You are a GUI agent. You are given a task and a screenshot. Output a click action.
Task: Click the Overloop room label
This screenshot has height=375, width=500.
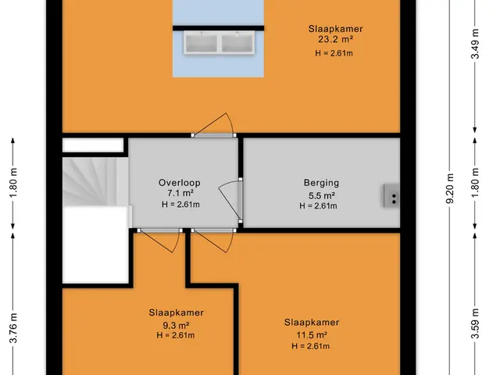pyautogui.click(x=180, y=183)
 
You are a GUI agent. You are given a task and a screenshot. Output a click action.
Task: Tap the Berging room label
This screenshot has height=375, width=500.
pyautogui.click(x=321, y=183)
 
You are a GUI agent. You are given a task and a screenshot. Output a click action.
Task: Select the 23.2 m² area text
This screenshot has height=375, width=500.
pyautogui.click(x=335, y=40)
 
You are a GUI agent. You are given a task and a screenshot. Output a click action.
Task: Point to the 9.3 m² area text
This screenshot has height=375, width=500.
pyautogui.click(x=176, y=326)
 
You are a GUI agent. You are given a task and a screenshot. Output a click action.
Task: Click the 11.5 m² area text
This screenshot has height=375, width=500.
pyautogui.click(x=312, y=335)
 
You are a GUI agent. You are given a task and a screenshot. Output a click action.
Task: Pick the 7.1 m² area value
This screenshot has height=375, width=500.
pyautogui.click(x=180, y=193)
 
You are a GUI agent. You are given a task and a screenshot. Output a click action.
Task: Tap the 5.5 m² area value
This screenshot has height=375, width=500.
pyautogui.click(x=321, y=195)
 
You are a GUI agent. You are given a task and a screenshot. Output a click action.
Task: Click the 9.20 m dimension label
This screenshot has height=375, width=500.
pyautogui.click(x=450, y=188)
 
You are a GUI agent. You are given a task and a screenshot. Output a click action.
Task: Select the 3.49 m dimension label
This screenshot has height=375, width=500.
pyautogui.click(x=475, y=44)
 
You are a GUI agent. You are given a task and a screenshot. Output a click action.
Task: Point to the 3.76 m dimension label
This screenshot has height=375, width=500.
pyautogui.click(x=13, y=328)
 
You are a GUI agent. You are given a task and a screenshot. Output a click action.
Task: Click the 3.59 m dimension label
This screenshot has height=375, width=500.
pyautogui.click(x=475, y=324)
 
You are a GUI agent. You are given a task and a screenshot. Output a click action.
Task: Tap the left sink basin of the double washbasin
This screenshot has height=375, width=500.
pyautogui.click(x=202, y=43)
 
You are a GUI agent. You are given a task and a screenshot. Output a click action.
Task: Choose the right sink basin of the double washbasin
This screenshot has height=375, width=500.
pyautogui.click(x=237, y=43)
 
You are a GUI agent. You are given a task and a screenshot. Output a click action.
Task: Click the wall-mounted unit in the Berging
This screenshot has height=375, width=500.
pyautogui.click(x=391, y=196)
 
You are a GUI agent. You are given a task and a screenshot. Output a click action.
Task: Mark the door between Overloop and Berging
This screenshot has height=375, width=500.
pyautogui.click(x=230, y=200)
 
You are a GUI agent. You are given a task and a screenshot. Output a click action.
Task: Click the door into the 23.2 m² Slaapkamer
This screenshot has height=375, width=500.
pyautogui.click(x=213, y=125)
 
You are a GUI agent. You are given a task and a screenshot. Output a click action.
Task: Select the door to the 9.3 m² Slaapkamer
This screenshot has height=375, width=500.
pyautogui.click(x=160, y=240)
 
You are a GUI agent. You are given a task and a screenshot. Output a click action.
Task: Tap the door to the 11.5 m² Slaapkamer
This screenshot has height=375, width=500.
pyautogui.click(x=213, y=240)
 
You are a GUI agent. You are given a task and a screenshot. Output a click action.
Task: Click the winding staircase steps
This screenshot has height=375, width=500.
pyautogui.click(x=95, y=182)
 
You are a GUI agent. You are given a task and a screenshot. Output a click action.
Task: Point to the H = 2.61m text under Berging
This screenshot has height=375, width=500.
pyautogui.click(x=318, y=206)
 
